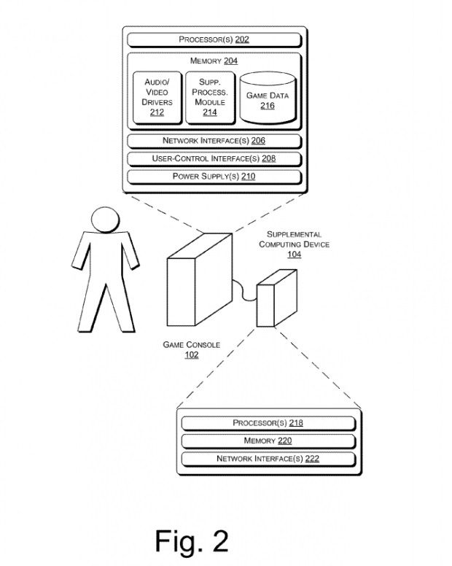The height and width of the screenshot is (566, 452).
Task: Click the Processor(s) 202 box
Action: (214, 39)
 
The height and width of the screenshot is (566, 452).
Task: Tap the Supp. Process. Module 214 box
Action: (209, 98)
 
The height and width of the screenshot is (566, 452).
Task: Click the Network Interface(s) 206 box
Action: (214, 141)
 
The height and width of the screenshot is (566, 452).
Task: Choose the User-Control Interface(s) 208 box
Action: (214, 158)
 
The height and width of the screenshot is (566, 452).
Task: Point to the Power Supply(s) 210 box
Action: (214, 176)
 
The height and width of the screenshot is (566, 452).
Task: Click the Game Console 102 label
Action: (191, 350)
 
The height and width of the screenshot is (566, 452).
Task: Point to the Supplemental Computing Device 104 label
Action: (294, 244)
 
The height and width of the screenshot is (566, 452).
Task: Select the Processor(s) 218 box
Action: (268, 423)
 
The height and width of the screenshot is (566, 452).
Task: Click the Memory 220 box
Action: (268, 441)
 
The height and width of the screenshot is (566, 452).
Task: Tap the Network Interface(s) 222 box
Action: (268, 459)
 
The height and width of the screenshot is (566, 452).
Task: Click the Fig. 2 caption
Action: (191, 540)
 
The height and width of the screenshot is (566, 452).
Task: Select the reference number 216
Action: (267, 106)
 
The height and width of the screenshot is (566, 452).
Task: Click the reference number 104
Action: (294, 255)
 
